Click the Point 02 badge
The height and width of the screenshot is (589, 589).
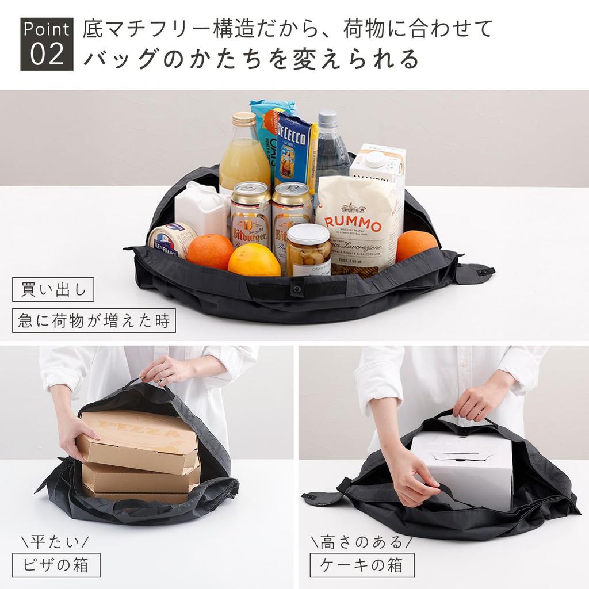click(x=47, y=44)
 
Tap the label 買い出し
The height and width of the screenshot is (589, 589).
click(x=52, y=289)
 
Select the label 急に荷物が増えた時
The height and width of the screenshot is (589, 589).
click(x=94, y=320)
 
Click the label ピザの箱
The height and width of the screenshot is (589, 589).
click(x=56, y=565)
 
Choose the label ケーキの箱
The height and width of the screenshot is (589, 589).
click(x=362, y=565)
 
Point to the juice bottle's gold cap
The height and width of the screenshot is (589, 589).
click(x=244, y=119)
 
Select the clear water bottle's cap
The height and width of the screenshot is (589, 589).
click(x=328, y=118)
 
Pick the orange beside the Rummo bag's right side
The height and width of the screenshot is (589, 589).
click(x=416, y=244)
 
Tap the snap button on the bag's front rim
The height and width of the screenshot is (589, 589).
click(x=297, y=287)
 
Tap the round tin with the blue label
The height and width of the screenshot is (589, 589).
click(x=171, y=239)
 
